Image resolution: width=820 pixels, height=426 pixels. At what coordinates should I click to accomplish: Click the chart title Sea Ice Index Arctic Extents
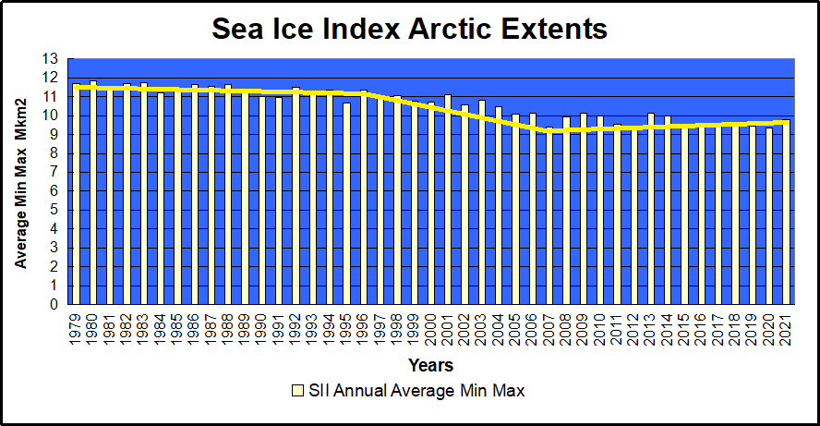point(409,29)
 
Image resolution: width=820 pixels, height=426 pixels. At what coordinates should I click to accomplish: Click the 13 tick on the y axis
point(50,58)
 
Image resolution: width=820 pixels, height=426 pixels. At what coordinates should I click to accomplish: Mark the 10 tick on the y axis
point(50,116)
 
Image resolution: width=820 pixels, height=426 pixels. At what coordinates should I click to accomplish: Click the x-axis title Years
point(429,367)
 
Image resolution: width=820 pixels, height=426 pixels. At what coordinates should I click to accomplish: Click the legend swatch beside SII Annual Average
point(297,391)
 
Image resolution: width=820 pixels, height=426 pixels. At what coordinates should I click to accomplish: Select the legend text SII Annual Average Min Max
point(417,391)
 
